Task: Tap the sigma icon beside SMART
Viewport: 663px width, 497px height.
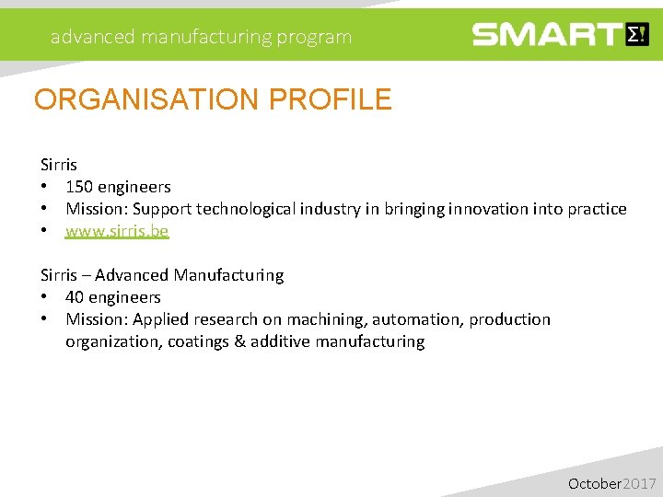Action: [637, 35]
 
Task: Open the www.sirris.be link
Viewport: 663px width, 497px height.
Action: [117, 231]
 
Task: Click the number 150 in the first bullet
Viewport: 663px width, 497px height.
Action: [79, 187]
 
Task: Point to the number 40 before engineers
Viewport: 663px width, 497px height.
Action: [75, 297]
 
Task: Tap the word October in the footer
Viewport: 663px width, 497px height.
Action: [595, 483]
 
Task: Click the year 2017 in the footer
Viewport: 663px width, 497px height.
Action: [640, 483]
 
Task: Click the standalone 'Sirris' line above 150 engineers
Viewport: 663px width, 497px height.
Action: [59, 165]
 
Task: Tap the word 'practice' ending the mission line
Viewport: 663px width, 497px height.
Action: [598, 209]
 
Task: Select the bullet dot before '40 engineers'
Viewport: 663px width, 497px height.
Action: [44, 297]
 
